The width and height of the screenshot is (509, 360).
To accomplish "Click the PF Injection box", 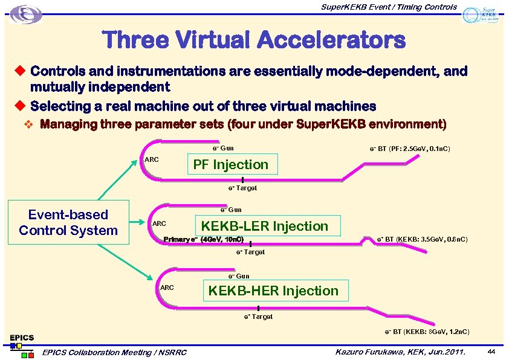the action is (x=230, y=164).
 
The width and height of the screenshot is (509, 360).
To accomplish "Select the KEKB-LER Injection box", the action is (x=264, y=227).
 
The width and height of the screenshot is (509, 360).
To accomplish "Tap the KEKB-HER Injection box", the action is (x=273, y=291).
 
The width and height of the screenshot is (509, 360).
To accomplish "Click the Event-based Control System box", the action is (x=68, y=222).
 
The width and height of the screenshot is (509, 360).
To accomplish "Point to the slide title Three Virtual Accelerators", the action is (x=254, y=40).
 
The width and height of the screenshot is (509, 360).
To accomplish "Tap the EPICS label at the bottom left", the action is (x=22, y=337).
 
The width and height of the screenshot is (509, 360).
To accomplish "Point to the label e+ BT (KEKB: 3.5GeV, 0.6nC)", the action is (x=422, y=240).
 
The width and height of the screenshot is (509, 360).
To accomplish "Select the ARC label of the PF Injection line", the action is (x=152, y=159).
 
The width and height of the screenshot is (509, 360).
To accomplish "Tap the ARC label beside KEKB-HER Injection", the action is (x=167, y=288).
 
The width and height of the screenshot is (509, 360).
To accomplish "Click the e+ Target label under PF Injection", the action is (x=242, y=188).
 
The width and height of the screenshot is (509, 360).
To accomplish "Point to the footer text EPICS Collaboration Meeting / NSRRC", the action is (x=114, y=352).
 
